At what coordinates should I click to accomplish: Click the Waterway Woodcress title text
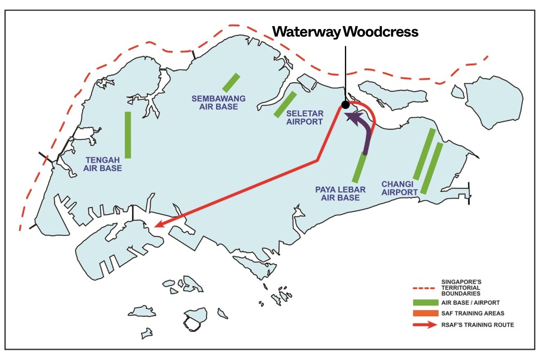pyautogui.click(x=345, y=32)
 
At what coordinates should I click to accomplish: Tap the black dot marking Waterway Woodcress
pyautogui.click(x=345, y=105)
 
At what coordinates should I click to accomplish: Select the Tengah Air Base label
pyautogui.click(x=103, y=164)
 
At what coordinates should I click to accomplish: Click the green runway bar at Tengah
pyautogui.click(x=128, y=135)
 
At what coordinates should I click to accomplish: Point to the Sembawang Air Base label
pyautogui.click(x=218, y=103)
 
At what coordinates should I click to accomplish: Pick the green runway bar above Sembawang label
pyautogui.click(x=231, y=82)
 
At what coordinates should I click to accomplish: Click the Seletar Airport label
pyautogui.click(x=304, y=118)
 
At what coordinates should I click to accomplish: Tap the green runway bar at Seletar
pyautogui.click(x=285, y=104)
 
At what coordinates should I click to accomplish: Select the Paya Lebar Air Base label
pyautogui.click(x=340, y=193)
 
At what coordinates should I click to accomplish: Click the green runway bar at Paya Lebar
pyautogui.click(x=359, y=167)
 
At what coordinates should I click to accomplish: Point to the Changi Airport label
pyautogui.click(x=399, y=188)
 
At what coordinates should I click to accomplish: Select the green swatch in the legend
pyautogui.click(x=425, y=303)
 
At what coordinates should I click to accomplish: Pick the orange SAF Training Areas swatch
pyautogui.click(x=425, y=313)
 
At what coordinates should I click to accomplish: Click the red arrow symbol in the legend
pyautogui.click(x=425, y=325)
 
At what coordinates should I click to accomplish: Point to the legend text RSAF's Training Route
pyautogui.click(x=478, y=325)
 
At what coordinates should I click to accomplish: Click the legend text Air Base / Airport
pyautogui.click(x=470, y=303)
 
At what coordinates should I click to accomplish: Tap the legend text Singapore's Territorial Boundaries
pyautogui.click(x=461, y=288)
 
